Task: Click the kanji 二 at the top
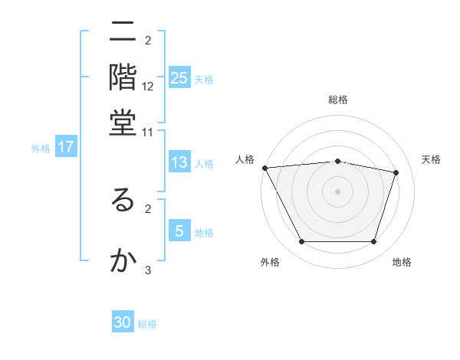tap(122, 33)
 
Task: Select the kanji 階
tap(122, 77)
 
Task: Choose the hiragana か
tap(122, 261)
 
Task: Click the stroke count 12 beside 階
tap(148, 87)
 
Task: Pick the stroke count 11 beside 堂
tap(148, 132)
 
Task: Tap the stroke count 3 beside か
tap(148, 270)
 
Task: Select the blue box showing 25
tap(179, 78)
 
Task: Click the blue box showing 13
tap(179, 162)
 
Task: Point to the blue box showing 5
tap(179, 231)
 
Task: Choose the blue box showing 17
tap(65, 148)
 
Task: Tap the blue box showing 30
tap(123, 322)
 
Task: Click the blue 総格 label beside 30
tap(147, 324)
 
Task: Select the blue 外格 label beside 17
tap(40, 149)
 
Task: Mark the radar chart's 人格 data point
tap(264, 168)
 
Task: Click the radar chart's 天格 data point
tap(396, 173)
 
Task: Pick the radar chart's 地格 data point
tap(374, 242)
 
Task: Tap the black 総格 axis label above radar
tap(338, 100)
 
